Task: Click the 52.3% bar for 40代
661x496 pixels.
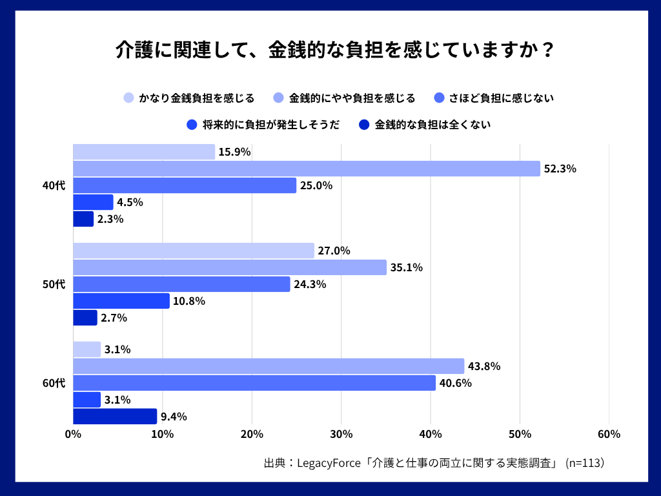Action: coord(307,169)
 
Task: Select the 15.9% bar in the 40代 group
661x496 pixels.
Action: coord(144,152)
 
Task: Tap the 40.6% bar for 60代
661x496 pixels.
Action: coord(254,383)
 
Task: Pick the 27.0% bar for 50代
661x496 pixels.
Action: coord(194,251)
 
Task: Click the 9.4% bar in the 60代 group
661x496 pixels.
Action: coord(115,417)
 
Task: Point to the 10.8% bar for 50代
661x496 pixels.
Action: coord(121,301)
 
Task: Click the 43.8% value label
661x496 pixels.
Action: coord(484,366)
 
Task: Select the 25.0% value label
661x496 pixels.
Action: coord(316,186)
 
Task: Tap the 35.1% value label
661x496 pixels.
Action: coord(407,267)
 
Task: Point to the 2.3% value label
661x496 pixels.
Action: coord(110,220)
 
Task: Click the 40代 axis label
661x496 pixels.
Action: coord(54,186)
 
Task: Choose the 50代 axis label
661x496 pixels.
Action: coord(54,284)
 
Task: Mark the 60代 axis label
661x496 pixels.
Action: coord(54,383)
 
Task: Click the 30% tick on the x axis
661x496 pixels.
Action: coord(341,434)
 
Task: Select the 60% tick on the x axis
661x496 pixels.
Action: coord(609,434)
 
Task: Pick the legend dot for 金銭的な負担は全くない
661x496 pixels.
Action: coord(365,125)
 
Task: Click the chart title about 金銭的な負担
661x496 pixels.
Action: coord(330,50)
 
